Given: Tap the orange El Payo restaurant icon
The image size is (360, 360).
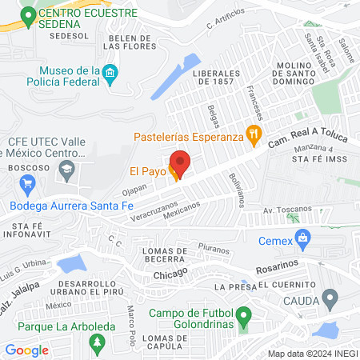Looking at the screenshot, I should tap(174, 171).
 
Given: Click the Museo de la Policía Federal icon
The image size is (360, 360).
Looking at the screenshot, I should tap(111, 77).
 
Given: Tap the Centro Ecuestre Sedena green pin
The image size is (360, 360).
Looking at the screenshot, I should tap(29, 14).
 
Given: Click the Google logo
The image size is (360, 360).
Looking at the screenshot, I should tap(26, 350).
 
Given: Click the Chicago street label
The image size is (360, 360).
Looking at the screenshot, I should tap(170, 272).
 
